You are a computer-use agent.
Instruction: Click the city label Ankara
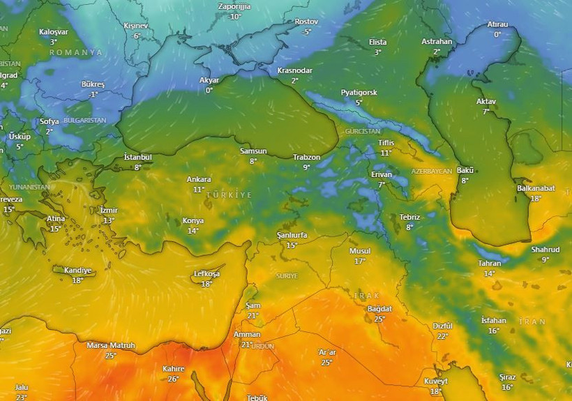click(x=199, y=179)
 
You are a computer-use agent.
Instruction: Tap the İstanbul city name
click(x=137, y=157)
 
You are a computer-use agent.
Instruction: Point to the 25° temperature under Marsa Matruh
click(x=111, y=355)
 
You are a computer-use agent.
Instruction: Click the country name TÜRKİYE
click(x=229, y=195)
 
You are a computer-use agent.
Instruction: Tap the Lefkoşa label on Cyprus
click(x=206, y=274)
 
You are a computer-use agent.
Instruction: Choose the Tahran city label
click(x=489, y=264)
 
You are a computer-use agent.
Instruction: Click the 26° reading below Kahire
click(x=173, y=379)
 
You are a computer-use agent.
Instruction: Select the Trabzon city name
click(x=306, y=158)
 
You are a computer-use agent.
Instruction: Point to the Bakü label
click(x=465, y=171)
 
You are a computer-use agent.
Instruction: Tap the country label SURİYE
click(x=287, y=276)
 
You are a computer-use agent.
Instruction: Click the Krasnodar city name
click(x=294, y=70)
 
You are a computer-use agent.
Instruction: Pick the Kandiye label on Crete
click(x=77, y=271)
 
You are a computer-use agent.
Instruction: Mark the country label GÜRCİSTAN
click(x=363, y=131)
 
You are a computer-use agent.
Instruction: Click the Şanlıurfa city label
click(x=292, y=236)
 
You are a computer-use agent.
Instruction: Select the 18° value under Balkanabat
click(x=536, y=198)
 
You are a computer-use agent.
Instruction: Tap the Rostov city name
click(x=306, y=22)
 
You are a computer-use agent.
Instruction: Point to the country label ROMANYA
click(x=76, y=52)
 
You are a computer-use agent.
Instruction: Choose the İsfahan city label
click(x=493, y=321)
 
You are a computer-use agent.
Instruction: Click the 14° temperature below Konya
click(x=193, y=230)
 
